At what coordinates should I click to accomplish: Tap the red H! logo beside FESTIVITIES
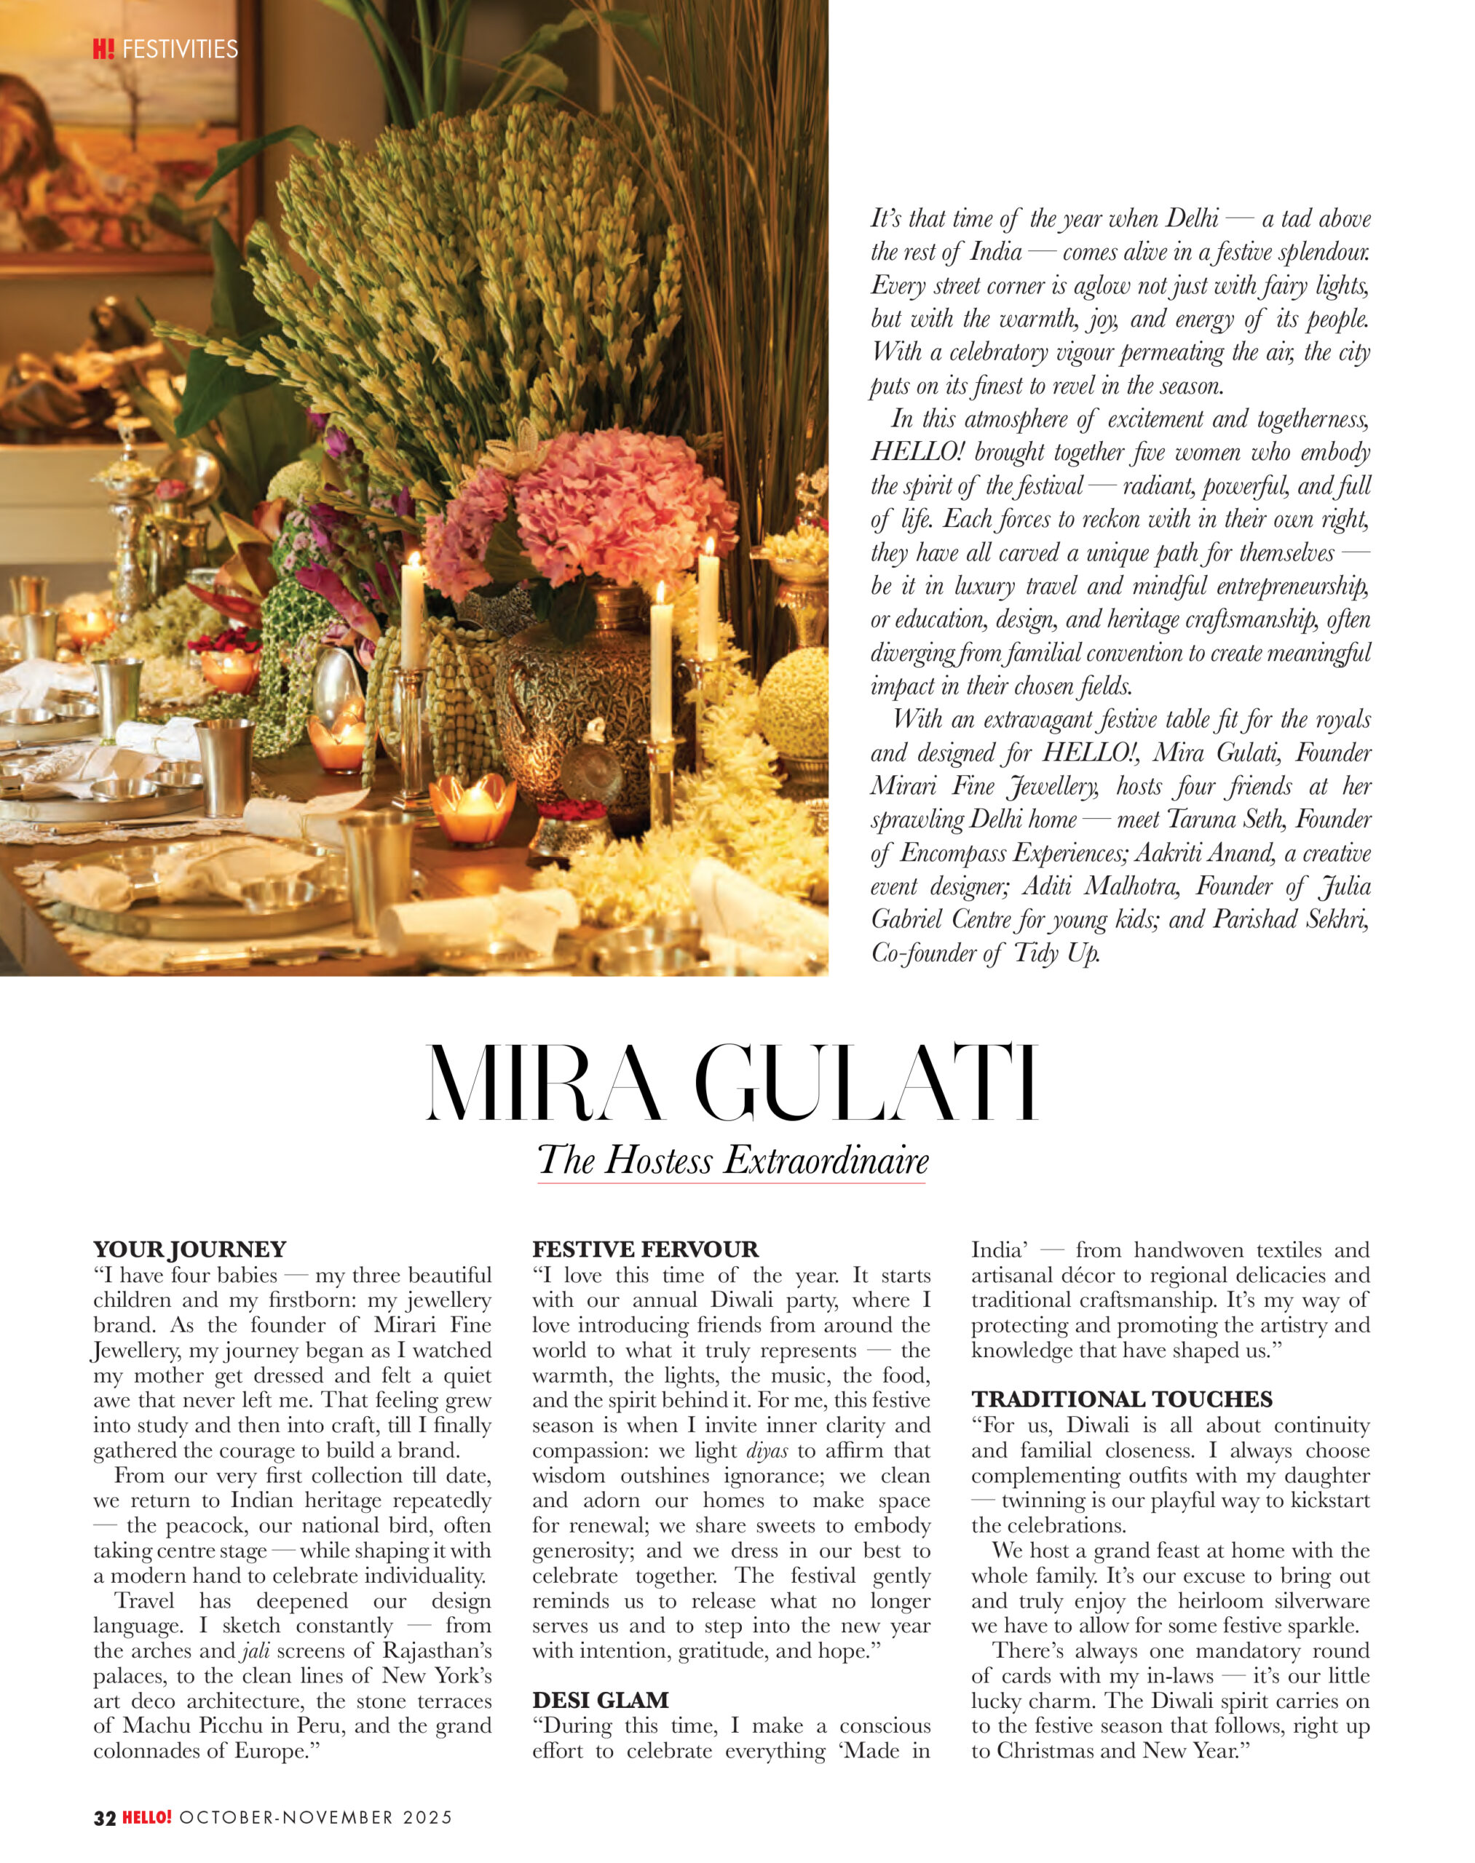point(103,49)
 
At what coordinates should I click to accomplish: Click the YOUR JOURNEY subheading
point(189,1250)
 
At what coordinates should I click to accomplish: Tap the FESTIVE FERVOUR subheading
point(645,1250)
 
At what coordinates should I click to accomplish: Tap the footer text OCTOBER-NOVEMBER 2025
point(316,1817)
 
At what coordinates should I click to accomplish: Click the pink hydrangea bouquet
point(604,509)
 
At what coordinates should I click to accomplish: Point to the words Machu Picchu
point(189,1725)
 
